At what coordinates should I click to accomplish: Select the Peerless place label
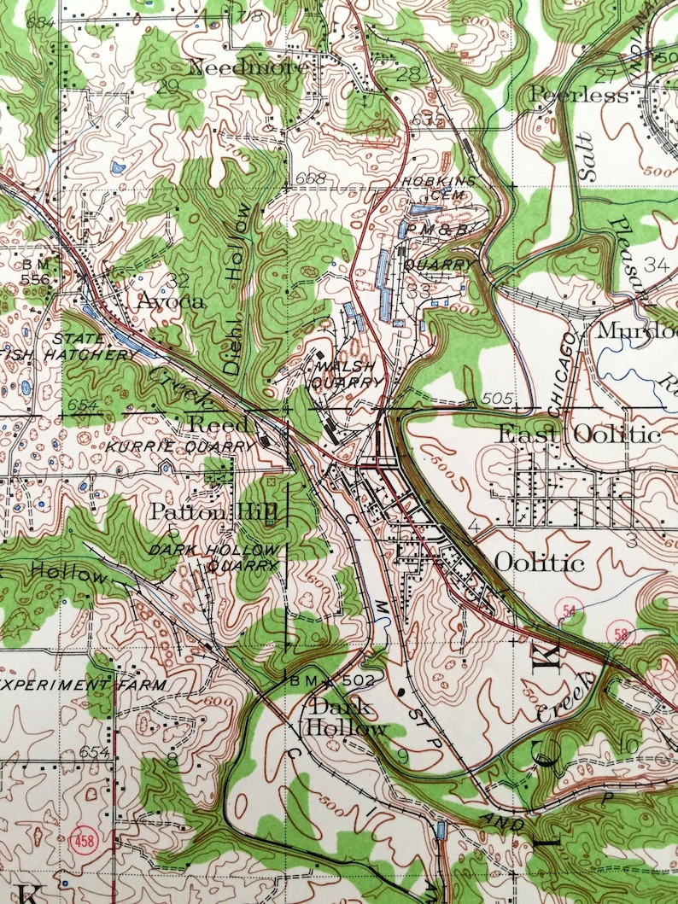point(579,95)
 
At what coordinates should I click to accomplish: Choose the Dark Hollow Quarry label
point(213,557)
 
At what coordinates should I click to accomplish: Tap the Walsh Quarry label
point(348,375)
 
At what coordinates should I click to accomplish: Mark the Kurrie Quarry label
point(181,446)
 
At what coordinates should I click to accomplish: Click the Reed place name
point(218,423)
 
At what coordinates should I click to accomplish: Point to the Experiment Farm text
point(84,685)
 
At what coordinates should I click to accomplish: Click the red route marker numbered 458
point(82,834)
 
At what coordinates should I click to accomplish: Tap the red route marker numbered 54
point(567,609)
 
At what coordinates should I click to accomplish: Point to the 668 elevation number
point(312,178)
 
